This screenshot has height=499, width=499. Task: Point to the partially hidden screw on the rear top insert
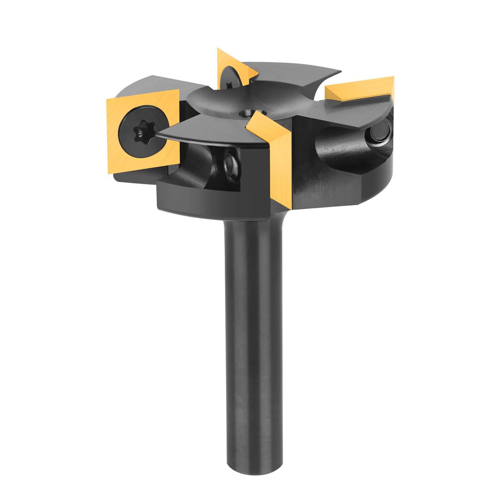(229, 79)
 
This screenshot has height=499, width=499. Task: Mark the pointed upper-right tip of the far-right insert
(393, 78)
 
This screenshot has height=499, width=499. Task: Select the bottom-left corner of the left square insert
(110, 172)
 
